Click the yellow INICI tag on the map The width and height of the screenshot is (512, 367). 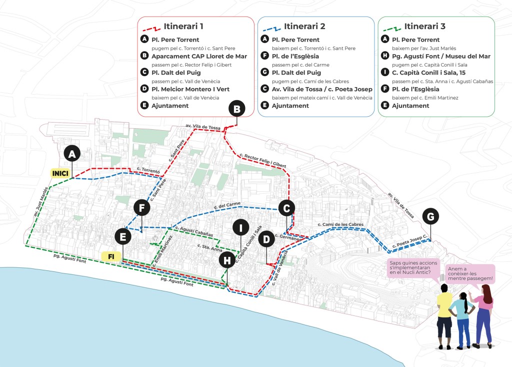click(x=59, y=173)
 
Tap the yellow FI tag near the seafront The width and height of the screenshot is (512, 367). click(x=111, y=256)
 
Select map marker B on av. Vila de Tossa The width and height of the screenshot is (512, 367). click(x=237, y=108)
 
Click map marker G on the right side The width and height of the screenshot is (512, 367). click(x=431, y=216)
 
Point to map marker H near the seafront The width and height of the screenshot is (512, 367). click(x=227, y=260)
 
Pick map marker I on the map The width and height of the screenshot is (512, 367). click(x=241, y=228)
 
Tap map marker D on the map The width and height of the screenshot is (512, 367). click(x=266, y=239)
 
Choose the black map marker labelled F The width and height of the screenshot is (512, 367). click(x=142, y=207)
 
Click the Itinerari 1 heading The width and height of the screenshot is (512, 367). click(x=183, y=26)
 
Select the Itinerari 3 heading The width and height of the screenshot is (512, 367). click(x=424, y=26)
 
